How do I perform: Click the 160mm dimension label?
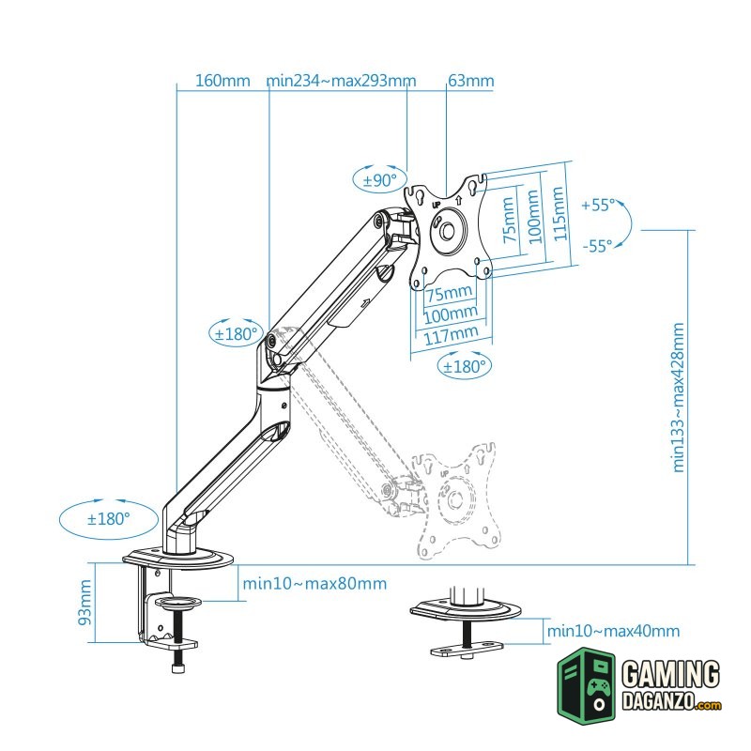pos(222,81)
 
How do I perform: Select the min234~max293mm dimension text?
pos(341,81)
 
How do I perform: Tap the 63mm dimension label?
pos(470,81)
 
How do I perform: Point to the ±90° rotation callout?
pos(380,178)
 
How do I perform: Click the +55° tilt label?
pos(598,204)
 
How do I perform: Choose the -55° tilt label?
pos(597,245)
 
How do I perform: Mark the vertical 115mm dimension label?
pos(559,214)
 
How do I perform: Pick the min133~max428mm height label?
pos(679,396)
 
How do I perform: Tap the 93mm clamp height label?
pos(84,603)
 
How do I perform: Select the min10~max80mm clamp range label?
pos(314,584)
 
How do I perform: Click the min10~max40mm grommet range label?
pos(614,632)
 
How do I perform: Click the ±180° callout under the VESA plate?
pos(465,365)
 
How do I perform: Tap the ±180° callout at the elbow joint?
pos(234,332)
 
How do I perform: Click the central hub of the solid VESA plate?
pos(448,229)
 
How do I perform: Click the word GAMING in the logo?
pos(671,675)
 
